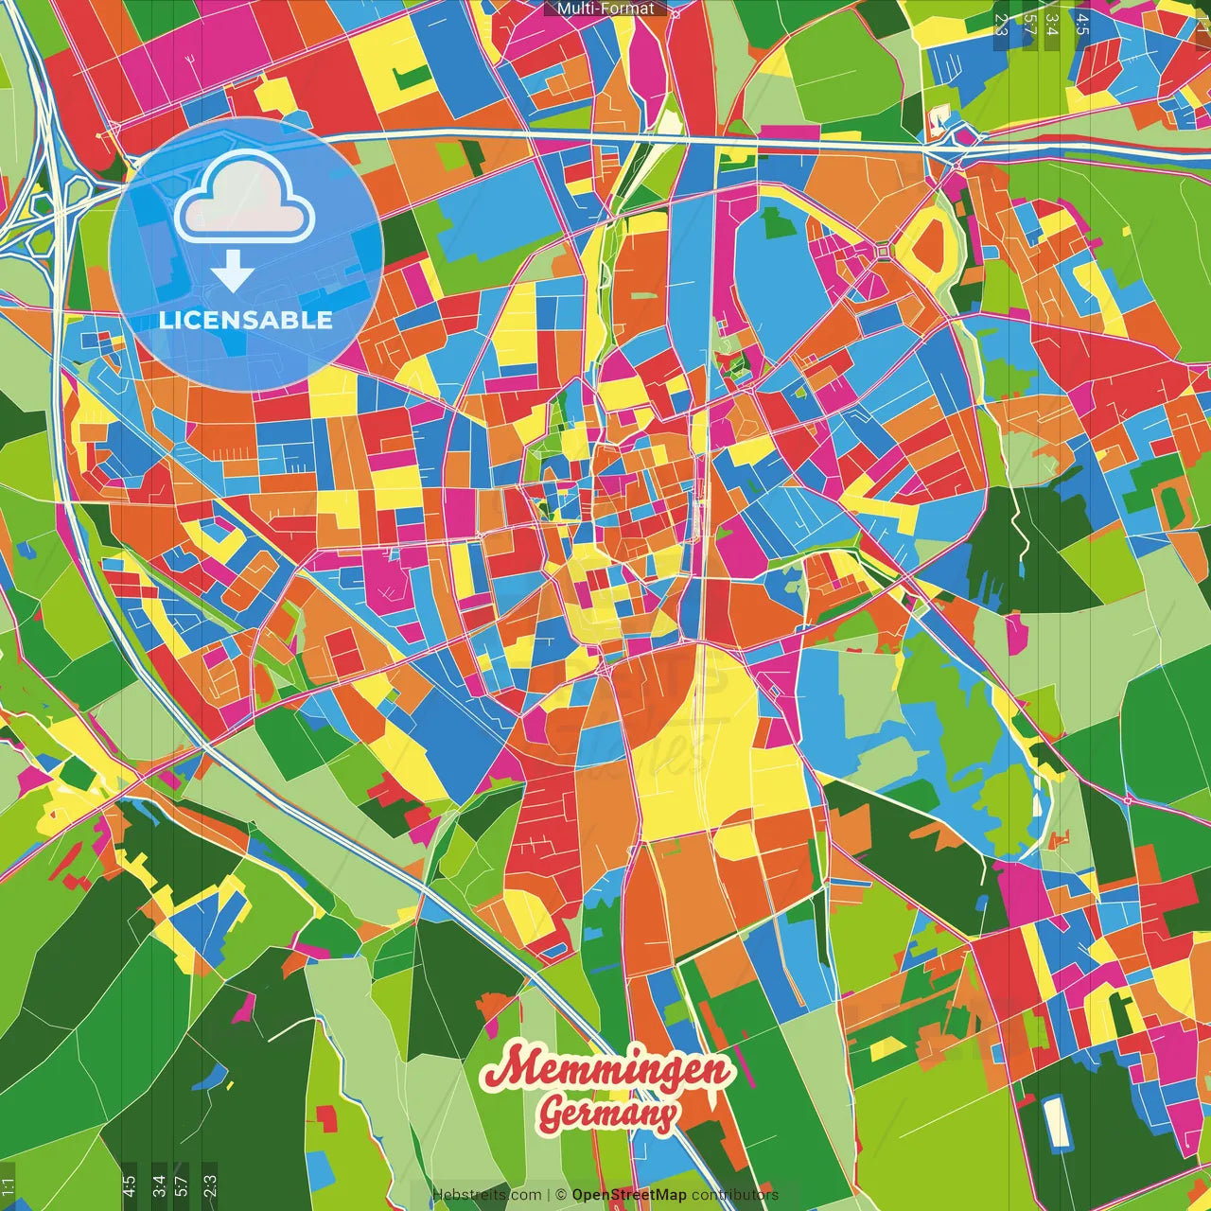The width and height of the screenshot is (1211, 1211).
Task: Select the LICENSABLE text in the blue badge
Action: click(x=246, y=320)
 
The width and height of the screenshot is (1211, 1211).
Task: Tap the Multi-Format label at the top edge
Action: click(x=605, y=9)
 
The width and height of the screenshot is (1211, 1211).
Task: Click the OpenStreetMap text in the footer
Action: click(x=629, y=1195)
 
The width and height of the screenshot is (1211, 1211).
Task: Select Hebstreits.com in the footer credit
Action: click(x=486, y=1195)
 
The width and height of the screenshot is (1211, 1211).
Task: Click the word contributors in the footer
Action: click(x=735, y=1195)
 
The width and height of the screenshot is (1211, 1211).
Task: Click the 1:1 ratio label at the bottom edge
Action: click(x=9, y=1186)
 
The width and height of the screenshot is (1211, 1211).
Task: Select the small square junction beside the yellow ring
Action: click(x=884, y=252)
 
